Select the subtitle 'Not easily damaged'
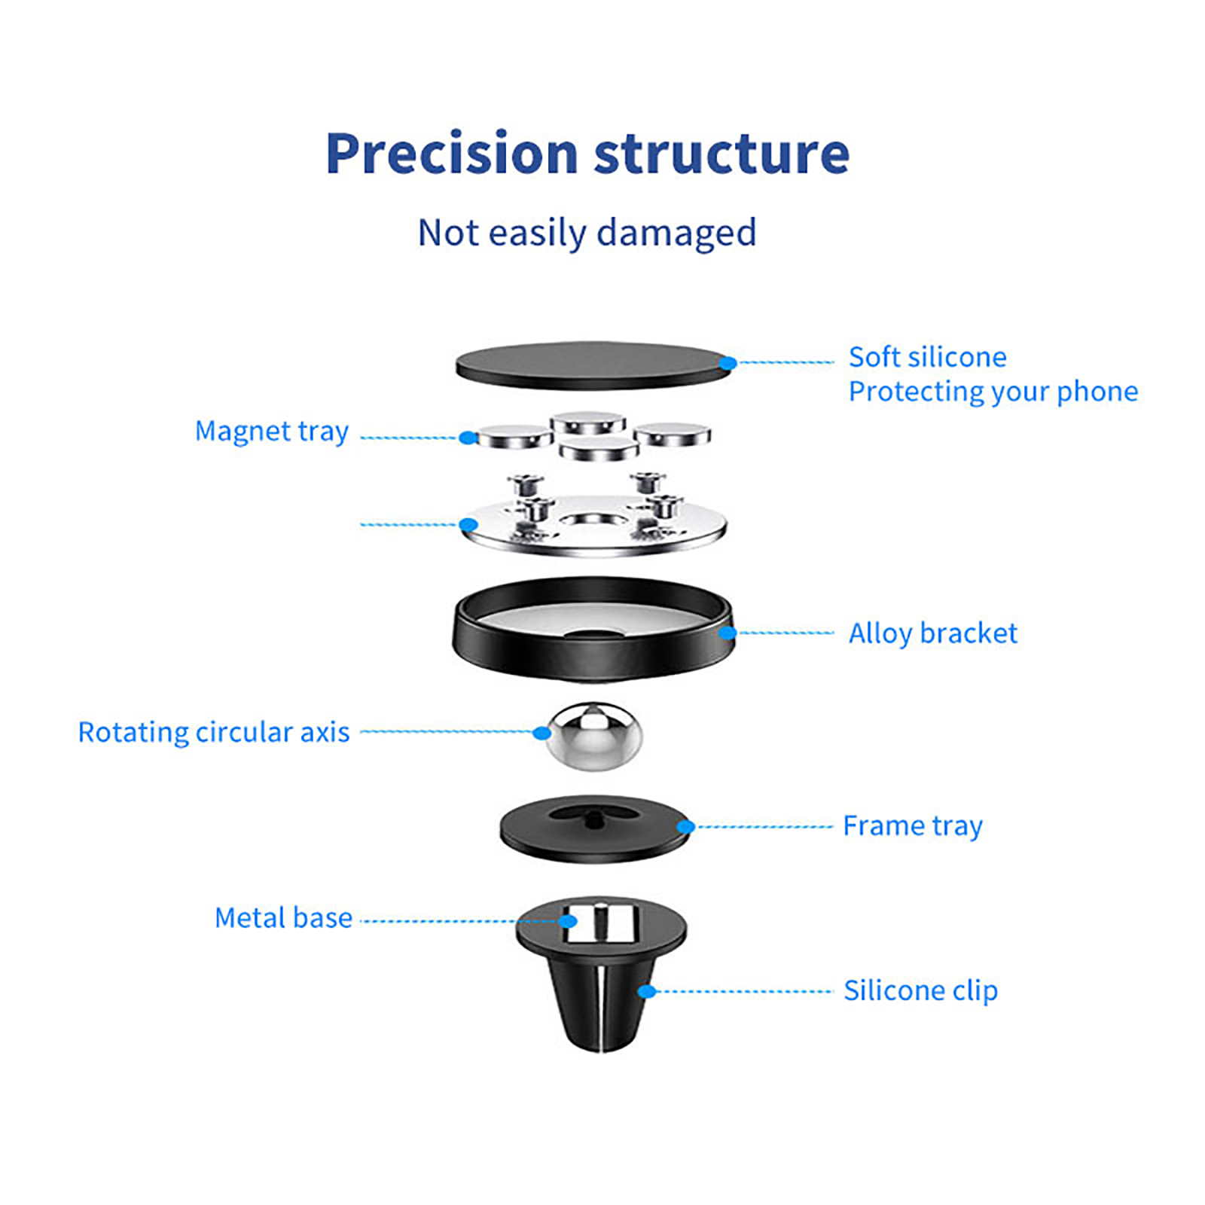point(587,233)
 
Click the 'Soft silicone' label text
point(927,357)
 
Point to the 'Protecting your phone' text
point(993,392)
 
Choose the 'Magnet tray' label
point(271,432)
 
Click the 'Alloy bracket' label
point(932,633)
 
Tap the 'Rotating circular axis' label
point(214,732)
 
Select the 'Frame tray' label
point(912,826)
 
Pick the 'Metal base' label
point(283,918)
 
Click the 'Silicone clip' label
point(920,990)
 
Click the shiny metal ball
point(594,737)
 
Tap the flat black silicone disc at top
point(587,366)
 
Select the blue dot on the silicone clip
point(646,991)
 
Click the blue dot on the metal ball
point(541,733)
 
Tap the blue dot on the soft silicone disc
point(728,364)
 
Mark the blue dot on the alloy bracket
point(727,633)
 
